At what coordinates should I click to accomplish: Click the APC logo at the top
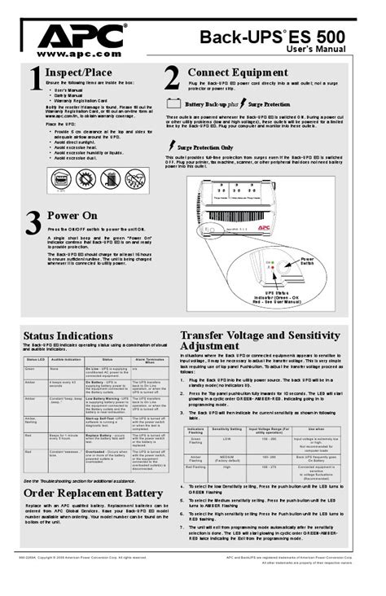point(80,36)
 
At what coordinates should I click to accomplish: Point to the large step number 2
point(171,78)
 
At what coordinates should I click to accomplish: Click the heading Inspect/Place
point(80,72)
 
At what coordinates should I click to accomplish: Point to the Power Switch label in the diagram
point(306,262)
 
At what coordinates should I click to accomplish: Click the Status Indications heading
point(68,335)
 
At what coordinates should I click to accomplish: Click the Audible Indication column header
point(64,359)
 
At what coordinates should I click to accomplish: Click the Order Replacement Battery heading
point(93,493)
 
